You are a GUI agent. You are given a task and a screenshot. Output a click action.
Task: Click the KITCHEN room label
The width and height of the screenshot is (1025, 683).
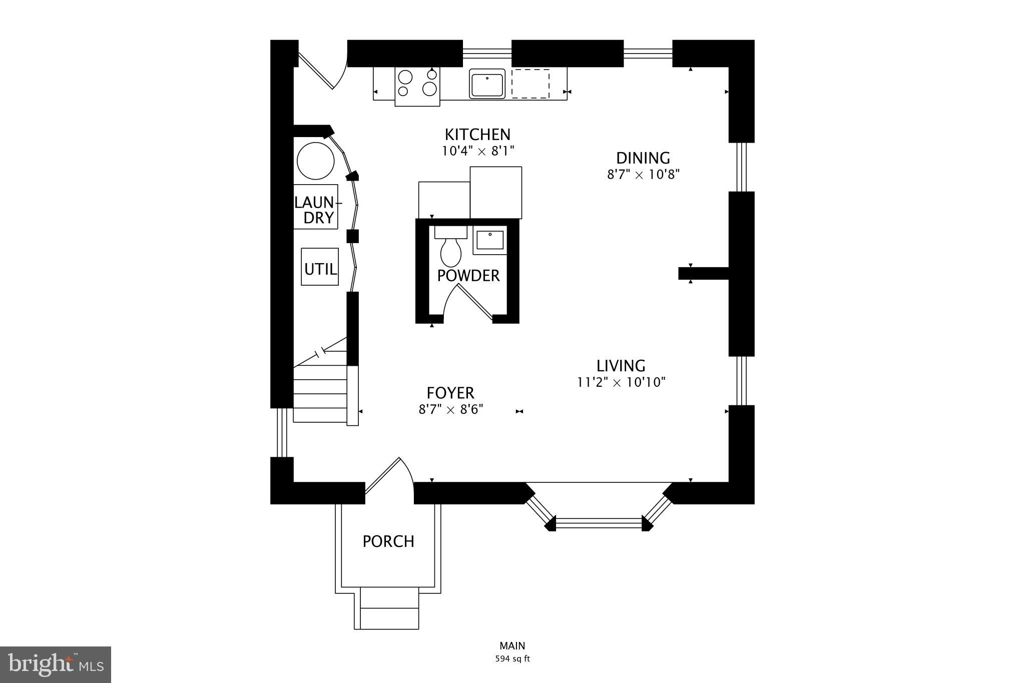[x=477, y=135]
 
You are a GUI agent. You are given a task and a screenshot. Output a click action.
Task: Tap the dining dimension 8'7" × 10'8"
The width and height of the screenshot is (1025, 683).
[x=643, y=175]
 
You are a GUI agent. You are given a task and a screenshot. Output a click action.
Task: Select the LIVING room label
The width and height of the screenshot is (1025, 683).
[x=621, y=366]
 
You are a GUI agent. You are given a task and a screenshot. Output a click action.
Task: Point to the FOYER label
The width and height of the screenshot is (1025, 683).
[x=450, y=393]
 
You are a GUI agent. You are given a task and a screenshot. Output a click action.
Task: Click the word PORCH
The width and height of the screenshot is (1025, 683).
[x=388, y=541]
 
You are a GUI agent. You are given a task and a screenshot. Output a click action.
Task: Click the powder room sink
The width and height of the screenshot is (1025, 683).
[x=490, y=240]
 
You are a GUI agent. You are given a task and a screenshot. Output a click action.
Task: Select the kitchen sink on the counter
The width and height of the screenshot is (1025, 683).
[x=486, y=84]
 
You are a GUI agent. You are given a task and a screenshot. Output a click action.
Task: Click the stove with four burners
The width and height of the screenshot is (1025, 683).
[x=417, y=84]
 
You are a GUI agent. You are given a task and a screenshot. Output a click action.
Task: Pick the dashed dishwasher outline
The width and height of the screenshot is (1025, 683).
[x=530, y=84]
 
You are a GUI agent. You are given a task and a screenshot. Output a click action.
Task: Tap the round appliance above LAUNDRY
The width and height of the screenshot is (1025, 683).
[x=315, y=161]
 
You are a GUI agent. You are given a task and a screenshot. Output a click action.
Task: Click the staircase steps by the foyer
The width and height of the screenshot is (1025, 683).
[x=320, y=395]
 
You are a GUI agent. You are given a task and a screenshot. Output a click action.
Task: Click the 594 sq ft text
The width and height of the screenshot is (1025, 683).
[x=512, y=659]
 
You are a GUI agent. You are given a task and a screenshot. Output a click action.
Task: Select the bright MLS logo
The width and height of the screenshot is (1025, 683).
[x=55, y=664]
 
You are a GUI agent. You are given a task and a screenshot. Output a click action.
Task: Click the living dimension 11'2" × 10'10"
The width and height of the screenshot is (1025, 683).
[x=621, y=383]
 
